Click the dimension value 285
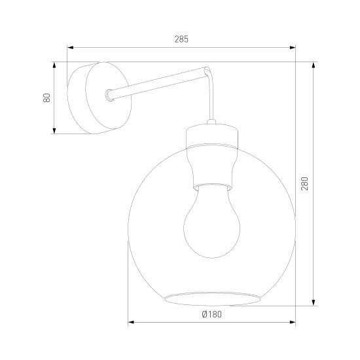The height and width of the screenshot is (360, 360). (181, 39)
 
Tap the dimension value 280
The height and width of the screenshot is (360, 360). (304, 183)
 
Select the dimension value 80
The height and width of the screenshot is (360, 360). (46, 98)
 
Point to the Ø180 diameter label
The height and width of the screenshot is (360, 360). (212, 314)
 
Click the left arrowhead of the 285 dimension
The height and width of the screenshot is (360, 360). (70, 48)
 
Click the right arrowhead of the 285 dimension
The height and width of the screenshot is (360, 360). (293, 48)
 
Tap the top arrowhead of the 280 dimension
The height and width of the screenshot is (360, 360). (314, 65)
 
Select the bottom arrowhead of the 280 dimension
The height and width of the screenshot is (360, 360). (314, 302)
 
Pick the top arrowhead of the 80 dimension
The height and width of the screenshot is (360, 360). (54, 65)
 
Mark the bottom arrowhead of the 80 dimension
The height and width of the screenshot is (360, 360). (54, 131)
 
